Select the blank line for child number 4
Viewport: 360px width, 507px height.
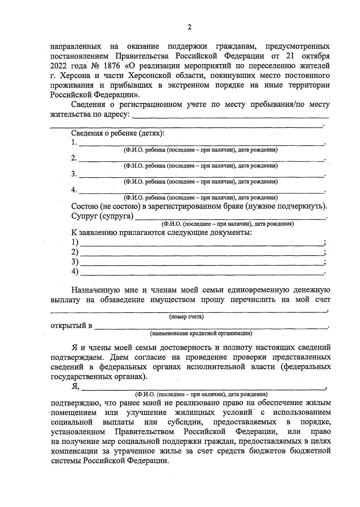click(201, 192)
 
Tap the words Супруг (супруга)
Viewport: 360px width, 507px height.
click(102, 216)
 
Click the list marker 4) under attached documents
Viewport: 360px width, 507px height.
click(75, 271)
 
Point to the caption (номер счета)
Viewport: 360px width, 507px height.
click(186, 317)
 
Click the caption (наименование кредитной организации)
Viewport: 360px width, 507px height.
click(201, 333)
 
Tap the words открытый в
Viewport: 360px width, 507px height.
click(71, 326)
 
